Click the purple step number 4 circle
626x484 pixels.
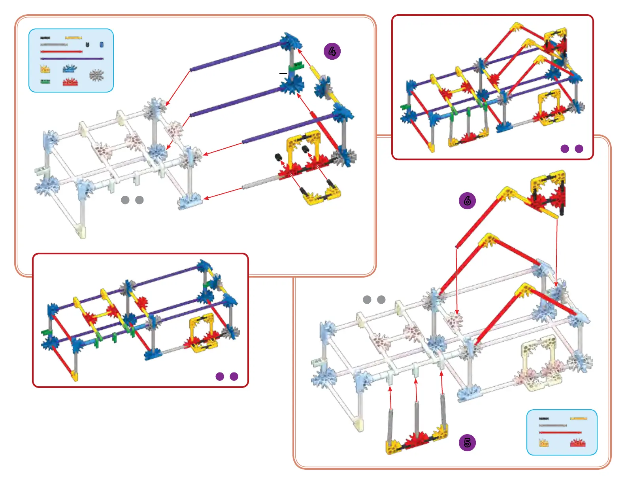click(x=332, y=51)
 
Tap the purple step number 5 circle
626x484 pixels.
click(x=467, y=442)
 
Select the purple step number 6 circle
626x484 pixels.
click(x=467, y=200)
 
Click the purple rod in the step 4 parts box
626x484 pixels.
click(x=72, y=59)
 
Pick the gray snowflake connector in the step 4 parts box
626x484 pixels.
click(x=96, y=75)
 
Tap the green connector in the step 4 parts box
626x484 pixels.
click(x=45, y=82)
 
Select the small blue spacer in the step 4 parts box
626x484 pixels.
click(x=102, y=45)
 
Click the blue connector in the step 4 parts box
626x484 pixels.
click(x=70, y=69)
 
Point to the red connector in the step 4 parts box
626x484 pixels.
click(x=70, y=82)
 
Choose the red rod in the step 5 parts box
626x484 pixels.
click(x=560, y=433)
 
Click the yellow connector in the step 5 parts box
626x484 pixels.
click(x=544, y=443)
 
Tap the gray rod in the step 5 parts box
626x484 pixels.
click(x=552, y=425)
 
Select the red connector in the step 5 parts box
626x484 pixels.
click(x=577, y=443)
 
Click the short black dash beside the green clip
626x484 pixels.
click(x=283, y=74)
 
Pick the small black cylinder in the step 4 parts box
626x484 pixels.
click(x=87, y=45)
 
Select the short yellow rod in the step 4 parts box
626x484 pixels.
click(x=73, y=38)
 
